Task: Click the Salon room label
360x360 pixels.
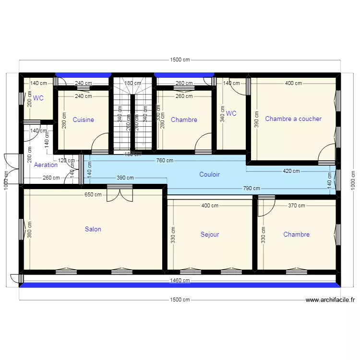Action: coord(93,229)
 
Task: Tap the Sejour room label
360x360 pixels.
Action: coord(210,235)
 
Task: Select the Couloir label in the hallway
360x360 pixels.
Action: coord(209,175)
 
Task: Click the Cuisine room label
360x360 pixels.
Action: coord(83,120)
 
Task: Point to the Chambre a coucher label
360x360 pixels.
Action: coord(293,119)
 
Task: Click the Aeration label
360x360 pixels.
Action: coord(46,165)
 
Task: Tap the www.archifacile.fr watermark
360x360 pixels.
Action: coord(331,300)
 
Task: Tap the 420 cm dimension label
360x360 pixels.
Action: coord(290,171)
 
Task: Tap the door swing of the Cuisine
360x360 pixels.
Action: coord(101,143)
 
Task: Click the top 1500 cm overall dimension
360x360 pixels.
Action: coord(180,60)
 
